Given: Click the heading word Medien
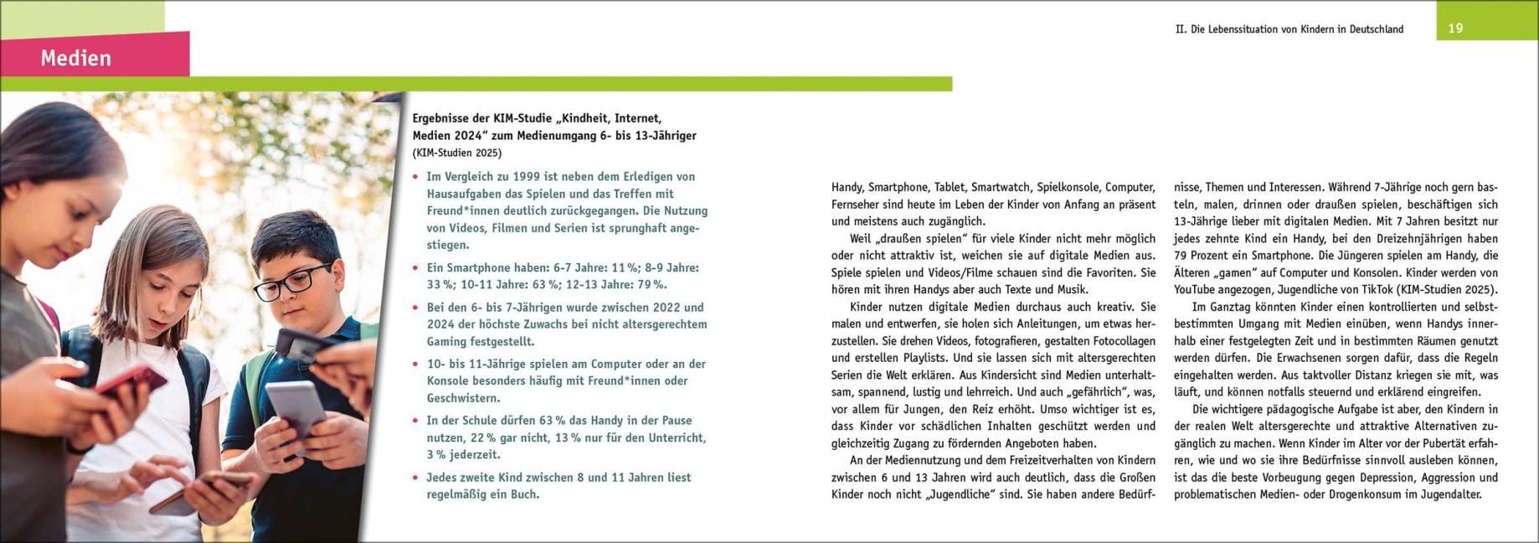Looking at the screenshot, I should (75, 58).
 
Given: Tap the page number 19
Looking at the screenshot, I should (1455, 28).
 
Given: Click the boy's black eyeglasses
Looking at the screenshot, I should (292, 282).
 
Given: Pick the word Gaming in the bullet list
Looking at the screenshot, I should (447, 342).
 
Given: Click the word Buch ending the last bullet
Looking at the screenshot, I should (525, 494).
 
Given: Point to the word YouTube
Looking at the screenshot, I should (1200, 290).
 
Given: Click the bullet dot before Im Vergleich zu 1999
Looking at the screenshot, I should (416, 177).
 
